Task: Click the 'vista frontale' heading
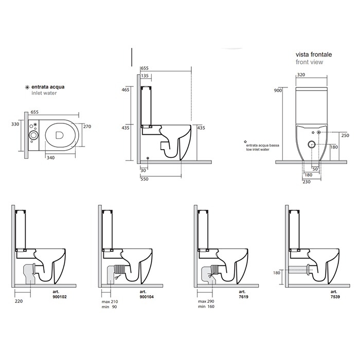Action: point(313,53)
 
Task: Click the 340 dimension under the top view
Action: point(51,158)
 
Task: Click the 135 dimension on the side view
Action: point(146,76)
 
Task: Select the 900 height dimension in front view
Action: point(278,91)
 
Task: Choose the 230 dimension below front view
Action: point(308,181)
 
